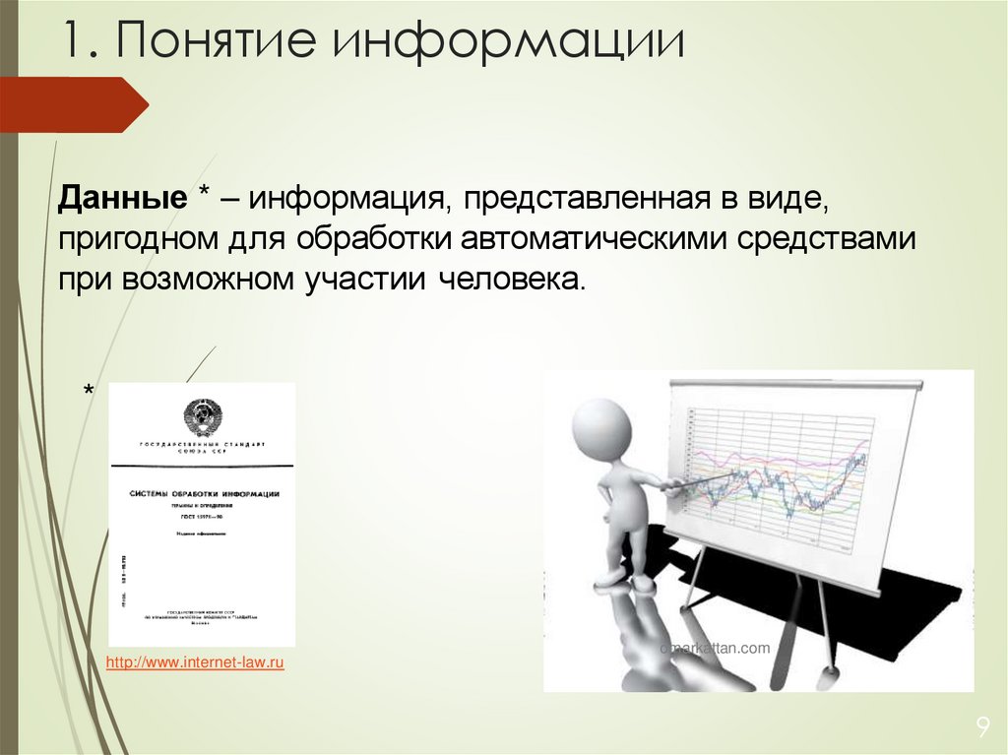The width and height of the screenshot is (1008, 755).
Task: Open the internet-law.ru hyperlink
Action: click(195, 664)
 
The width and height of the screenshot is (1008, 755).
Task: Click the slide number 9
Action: click(981, 727)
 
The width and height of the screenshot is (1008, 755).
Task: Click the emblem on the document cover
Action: click(203, 417)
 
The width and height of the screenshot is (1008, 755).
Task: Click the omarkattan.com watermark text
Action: click(715, 648)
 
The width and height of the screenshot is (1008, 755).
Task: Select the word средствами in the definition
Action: click(841, 240)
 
